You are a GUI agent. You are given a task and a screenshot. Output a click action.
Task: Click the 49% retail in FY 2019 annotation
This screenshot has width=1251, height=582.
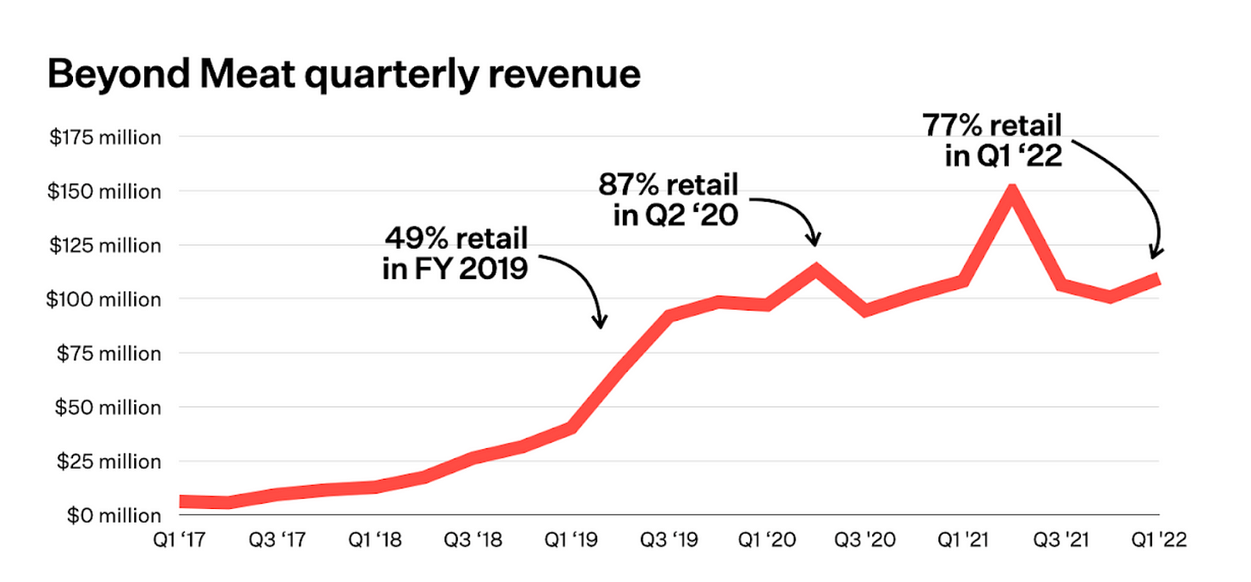(455, 252)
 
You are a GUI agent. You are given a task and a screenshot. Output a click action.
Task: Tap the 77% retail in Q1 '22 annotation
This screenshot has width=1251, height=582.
(993, 140)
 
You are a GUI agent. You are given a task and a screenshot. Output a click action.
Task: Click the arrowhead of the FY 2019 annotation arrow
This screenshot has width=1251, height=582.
(601, 324)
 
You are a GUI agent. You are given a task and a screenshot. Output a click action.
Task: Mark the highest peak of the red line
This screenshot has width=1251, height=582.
(1013, 191)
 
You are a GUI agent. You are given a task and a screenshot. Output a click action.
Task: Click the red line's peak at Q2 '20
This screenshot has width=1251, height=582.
(815, 270)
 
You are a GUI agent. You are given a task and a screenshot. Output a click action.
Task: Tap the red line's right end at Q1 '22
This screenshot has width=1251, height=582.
(1157, 279)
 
